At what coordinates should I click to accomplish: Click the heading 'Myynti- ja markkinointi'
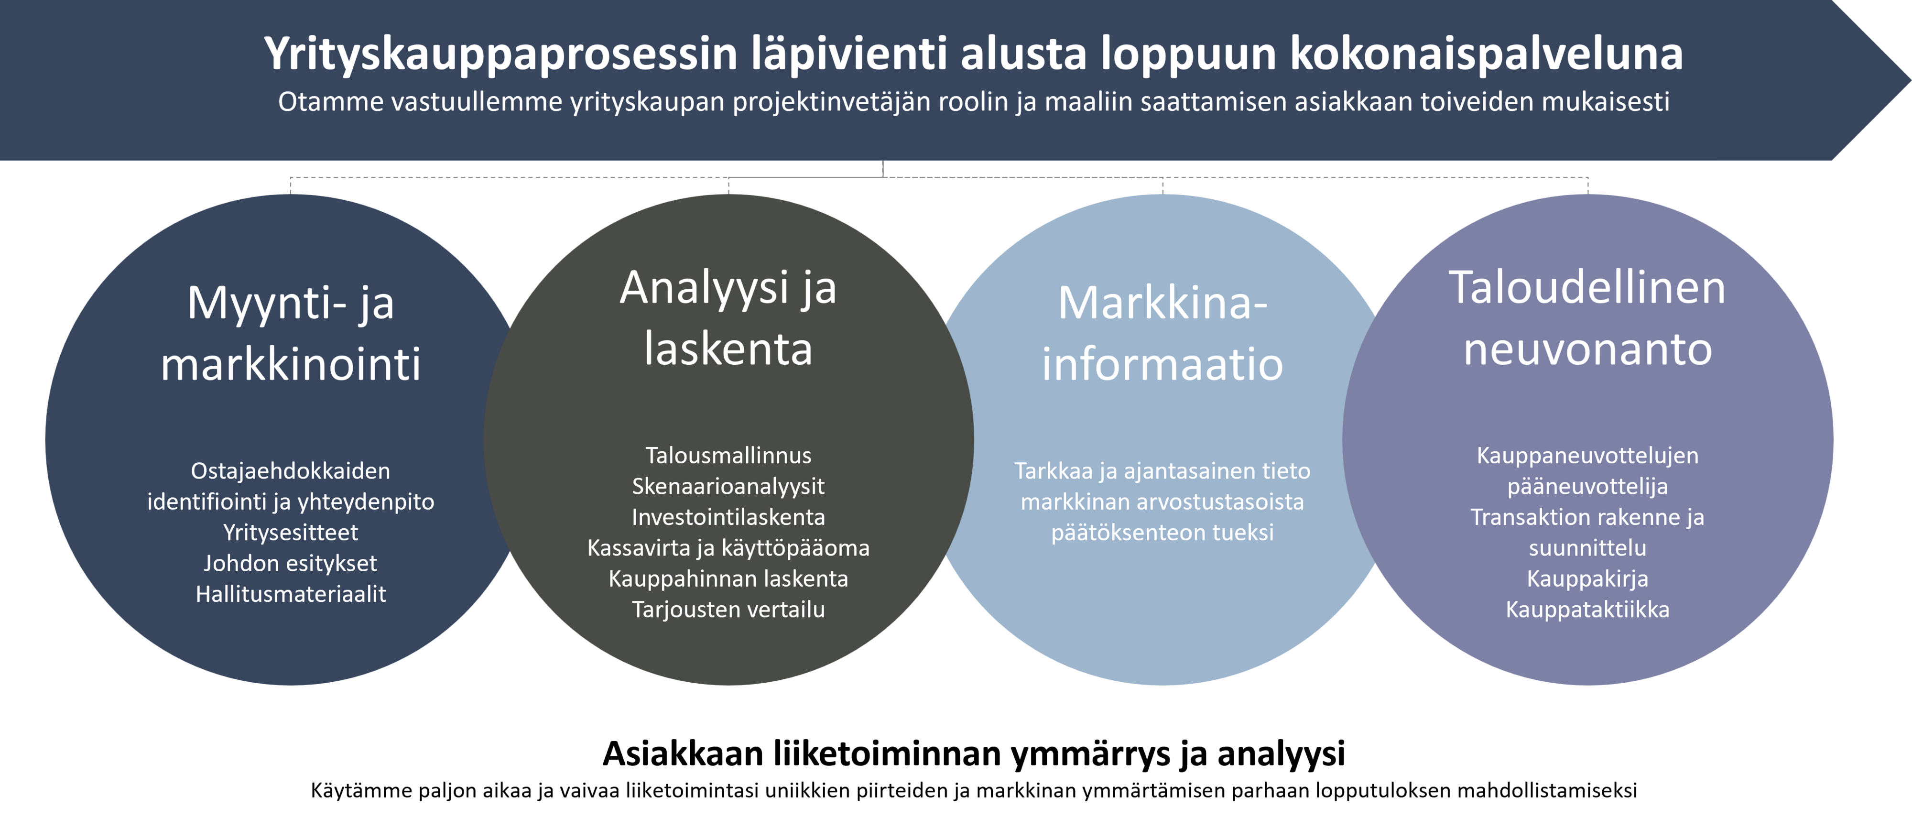(290, 333)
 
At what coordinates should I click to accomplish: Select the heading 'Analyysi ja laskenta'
(728, 318)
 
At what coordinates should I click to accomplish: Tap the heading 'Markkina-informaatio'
(1162, 333)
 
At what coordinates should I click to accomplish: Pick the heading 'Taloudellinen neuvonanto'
(1587, 318)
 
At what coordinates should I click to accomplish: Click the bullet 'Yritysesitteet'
(290, 532)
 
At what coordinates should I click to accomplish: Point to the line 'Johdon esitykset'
(290, 563)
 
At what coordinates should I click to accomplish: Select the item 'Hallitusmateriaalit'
(290, 594)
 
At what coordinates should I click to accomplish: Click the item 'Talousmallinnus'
(728, 455)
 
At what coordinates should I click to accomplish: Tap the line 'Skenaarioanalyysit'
(728, 486)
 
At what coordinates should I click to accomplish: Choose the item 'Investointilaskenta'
(728, 517)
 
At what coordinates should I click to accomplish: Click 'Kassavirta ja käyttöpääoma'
(728, 548)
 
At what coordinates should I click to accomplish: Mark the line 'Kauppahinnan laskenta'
(728, 578)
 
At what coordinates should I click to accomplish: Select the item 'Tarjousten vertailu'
(728, 610)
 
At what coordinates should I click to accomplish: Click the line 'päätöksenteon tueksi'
(1162, 532)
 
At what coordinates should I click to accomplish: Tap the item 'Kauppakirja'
(1587, 578)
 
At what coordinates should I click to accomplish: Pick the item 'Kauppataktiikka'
(1587, 610)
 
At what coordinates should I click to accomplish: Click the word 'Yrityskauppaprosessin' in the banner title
(501, 54)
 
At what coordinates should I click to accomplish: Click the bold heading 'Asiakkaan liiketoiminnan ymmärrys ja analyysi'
(974, 753)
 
